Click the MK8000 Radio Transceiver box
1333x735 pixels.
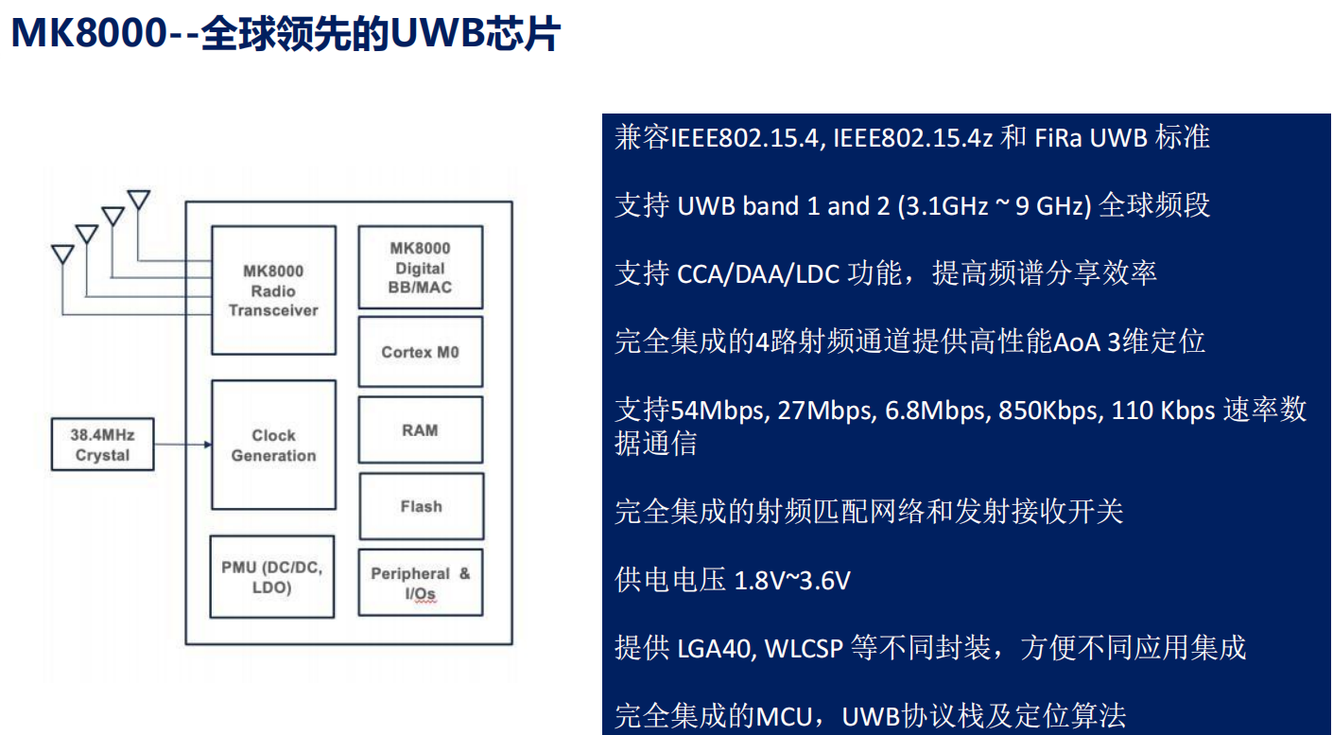click(273, 290)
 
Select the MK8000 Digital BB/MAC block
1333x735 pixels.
click(421, 268)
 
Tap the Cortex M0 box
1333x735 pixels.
click(421, 352)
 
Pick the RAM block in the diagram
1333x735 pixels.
click(421, 430)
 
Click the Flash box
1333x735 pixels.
click(421, 506)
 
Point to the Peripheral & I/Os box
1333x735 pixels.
click(421, 583)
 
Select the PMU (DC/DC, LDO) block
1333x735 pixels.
click(271, 577)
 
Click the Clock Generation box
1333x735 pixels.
click(273, 446)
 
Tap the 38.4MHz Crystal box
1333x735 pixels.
click(102, 446)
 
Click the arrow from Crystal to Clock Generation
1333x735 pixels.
click(183, 445)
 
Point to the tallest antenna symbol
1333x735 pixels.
click(139, 200)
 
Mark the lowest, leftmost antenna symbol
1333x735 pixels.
click(62, 254)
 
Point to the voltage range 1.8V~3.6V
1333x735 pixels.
click(792, 580)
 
